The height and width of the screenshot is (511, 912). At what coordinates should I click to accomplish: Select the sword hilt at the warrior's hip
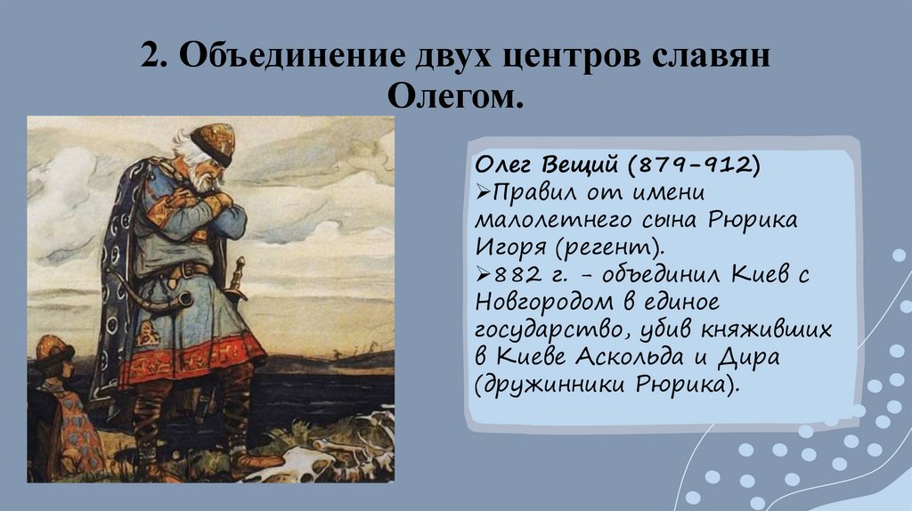point(238,272)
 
